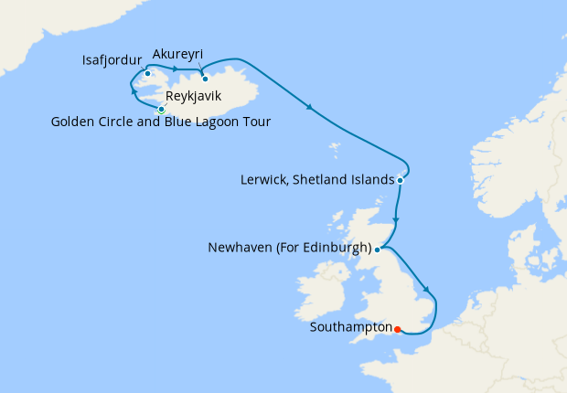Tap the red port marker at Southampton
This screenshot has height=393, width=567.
click(397, 329)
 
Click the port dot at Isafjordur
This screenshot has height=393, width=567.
click(147, 73)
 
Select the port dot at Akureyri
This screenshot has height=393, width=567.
click(205, 78)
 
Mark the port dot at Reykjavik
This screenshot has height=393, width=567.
click(162, 110)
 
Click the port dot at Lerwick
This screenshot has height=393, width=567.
click(401, 181)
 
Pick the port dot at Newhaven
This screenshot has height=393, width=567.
click(377, 248)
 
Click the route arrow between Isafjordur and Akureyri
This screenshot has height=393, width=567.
click(174, 70)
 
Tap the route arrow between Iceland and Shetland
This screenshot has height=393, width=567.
click(311, 109)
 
